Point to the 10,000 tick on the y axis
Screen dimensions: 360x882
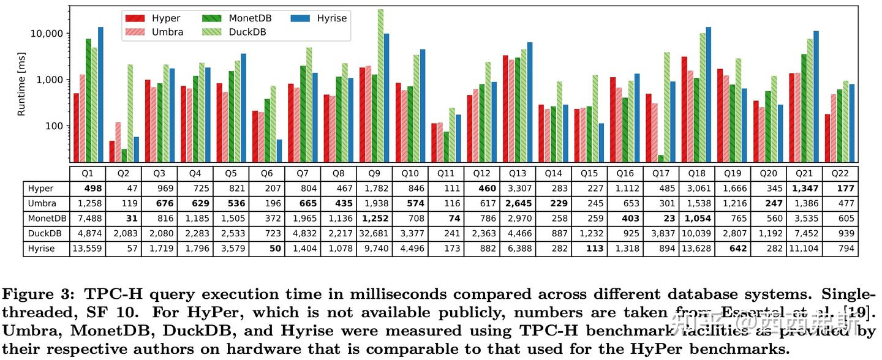(49, 34)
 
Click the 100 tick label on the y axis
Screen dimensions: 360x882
(56, 126)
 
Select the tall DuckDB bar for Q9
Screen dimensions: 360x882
(380, 86)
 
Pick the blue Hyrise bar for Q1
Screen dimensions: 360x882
(100, 95)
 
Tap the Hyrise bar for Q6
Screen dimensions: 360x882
(280, 151)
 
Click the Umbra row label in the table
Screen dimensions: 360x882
(42, 203)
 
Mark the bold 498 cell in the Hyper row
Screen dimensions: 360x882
(88, 189)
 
